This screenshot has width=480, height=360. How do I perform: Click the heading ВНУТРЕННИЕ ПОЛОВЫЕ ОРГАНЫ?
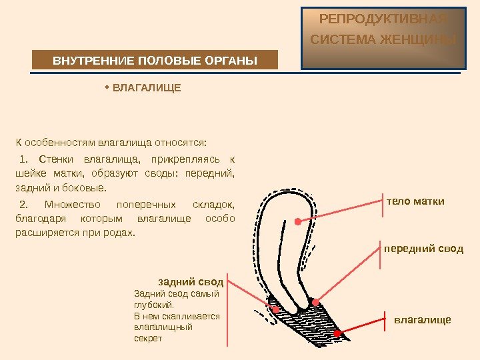pos(155,61)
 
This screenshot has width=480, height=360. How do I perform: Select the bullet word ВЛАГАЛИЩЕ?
pos(146,87)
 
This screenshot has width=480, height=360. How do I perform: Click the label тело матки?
pos(415,201)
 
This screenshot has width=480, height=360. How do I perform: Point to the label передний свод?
pos(423,249)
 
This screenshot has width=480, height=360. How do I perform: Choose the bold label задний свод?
pos(191,281)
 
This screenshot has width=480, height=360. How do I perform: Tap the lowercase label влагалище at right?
pos(423,320)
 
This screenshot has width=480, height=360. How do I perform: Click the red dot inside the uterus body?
pos(297,221)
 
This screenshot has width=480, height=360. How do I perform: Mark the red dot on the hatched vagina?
pos(338,332)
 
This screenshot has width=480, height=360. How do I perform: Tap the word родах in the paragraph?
pos(119,233)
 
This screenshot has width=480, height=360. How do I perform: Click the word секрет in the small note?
pos(148,338)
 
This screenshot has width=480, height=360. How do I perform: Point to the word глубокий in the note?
pos(153,304)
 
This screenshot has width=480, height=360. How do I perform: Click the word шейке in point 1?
pos(27,174)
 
